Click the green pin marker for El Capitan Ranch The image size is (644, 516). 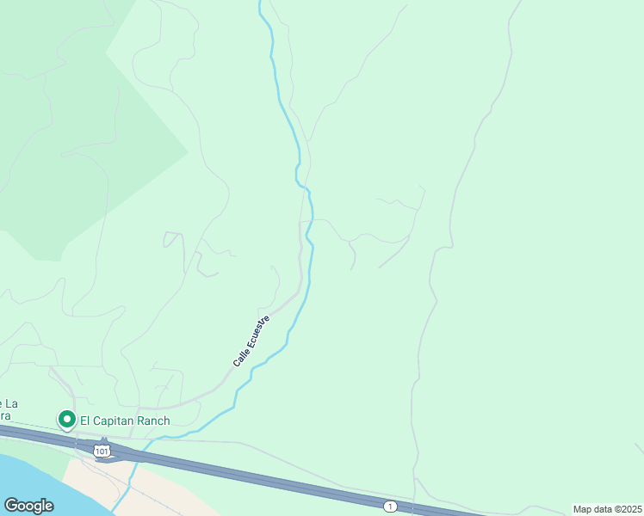66,419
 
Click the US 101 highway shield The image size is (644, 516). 102,450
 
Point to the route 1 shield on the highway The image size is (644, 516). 390,507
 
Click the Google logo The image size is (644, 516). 28,506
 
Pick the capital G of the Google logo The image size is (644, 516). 10,506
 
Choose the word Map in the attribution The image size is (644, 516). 582,509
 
